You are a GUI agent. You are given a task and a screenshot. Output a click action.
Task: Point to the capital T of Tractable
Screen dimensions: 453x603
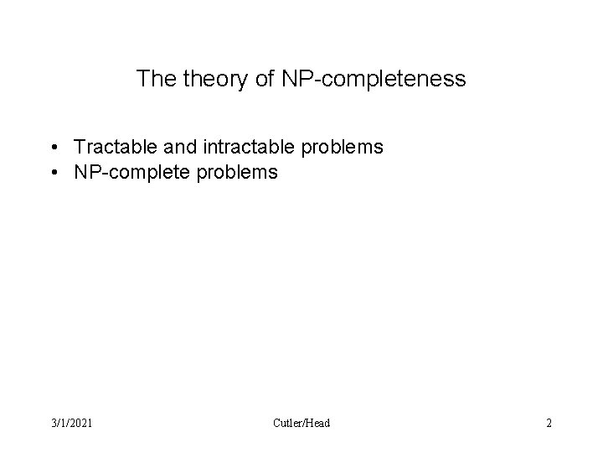(79, 148)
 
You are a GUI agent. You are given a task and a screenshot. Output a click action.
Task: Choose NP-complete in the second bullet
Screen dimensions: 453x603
(131, 174)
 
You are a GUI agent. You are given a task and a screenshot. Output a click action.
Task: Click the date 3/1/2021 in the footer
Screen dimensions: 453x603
(71, 423)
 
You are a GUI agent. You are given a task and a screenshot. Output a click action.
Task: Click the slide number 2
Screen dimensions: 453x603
(549, 423)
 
